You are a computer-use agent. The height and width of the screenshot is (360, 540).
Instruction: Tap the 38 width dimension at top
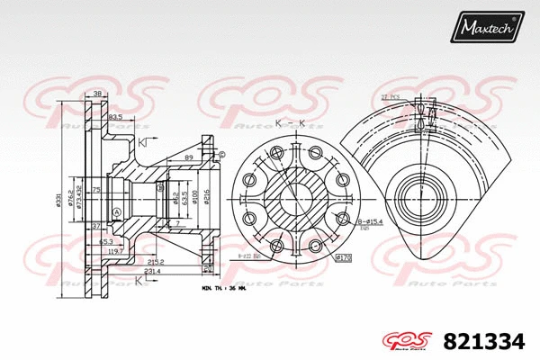[x=97, y=94]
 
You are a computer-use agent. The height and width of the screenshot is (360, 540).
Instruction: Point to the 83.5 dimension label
[x=115, y=117]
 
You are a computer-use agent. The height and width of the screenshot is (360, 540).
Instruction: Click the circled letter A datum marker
[x=117, y=212]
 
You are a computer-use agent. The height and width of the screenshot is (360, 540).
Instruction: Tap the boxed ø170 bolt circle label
[x=342, y=258]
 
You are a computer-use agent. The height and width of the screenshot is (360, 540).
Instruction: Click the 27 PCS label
[x=391, y=96]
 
